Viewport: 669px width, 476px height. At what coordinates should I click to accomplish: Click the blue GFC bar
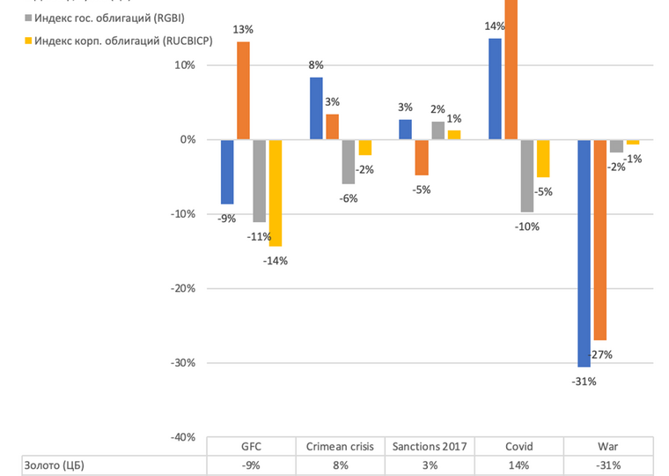click(227, 172)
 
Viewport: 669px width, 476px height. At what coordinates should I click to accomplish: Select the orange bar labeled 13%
click(243, 91)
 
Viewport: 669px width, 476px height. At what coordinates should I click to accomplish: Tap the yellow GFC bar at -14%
click(275, 192)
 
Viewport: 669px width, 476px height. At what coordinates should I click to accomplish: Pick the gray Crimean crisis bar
click(349, 161)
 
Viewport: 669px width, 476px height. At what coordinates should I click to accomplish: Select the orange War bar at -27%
click(600, 240)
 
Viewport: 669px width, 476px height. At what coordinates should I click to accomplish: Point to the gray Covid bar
click(527, 175)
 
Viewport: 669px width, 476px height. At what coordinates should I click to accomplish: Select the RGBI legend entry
click(102, 19)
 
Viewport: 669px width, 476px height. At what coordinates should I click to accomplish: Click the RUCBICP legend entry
click(110, 41)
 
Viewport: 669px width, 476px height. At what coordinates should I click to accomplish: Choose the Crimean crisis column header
click(341, 446)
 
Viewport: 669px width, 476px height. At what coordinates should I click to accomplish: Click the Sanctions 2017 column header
click(430, 446)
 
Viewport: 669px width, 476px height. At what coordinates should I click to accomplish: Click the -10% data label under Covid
click(527, 227)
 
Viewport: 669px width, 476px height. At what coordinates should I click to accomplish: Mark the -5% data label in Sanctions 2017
click(422, 190)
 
